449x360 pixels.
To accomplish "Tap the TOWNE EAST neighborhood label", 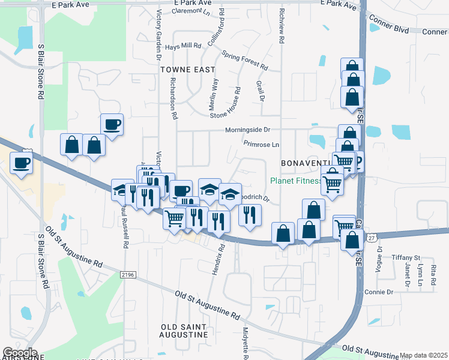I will pyautogui.click(x=188, y=70).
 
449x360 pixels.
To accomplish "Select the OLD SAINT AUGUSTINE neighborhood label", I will pyautogui.click(x=184, y=331).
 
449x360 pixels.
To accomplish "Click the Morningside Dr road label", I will pyautogui.click(x=248, y=130).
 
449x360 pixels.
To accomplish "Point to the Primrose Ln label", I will pyautogui.click(x=262, y=144).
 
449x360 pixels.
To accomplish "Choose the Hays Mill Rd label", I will pyautogui.click(x=183, y=46).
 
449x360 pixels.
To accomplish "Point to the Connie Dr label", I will pyautogui.click(x=378, y=292).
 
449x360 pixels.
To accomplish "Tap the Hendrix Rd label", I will pyautogui.click(x=221, y=255).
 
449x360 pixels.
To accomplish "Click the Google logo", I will pyautogui.click(x=20, y=353).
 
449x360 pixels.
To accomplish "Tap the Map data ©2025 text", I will pyautogui.click(x=423, y=355).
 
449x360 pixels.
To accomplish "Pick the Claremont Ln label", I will pyautogui.click(x=191, y=11).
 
